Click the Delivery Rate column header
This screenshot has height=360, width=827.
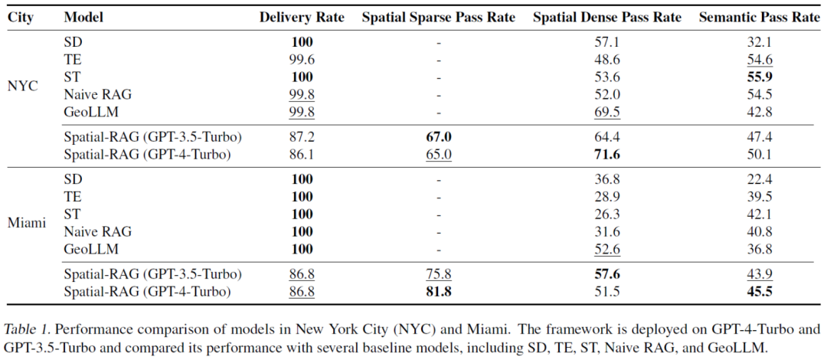[x=302, y=17]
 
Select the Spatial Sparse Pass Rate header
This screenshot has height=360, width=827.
[x=439, y=17]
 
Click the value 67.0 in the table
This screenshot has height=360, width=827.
[x=439, y=138]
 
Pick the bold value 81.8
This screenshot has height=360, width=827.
[x=439, y=291]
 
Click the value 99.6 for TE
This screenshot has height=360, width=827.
[x=302, y=60]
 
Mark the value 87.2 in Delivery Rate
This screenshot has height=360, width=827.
[x=302, y=138]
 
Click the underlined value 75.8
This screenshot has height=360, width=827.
[x=439, y=274]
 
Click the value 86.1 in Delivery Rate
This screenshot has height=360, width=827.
[x=302, y=155]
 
